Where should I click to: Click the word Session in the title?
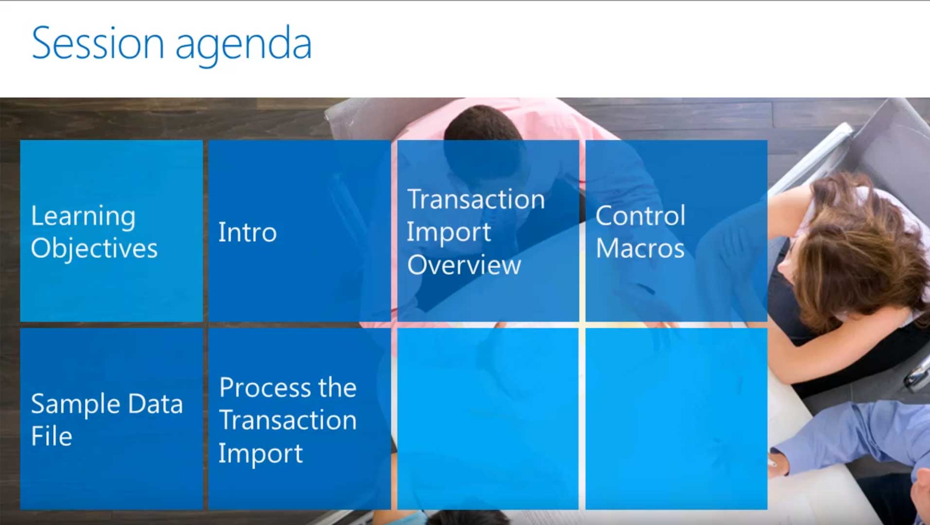[98, 43]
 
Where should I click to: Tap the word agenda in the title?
[243, 47]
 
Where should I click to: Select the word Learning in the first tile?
[83, 217]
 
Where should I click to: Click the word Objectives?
[94, 248]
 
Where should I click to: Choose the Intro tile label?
[248, 232]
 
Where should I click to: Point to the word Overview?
[464, 265]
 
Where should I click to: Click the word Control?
[641, 216]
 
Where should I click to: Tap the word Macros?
[640, 248]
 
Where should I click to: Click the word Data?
[156, 403]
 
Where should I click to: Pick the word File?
[52, 436]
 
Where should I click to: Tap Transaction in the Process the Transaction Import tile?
[287, 420]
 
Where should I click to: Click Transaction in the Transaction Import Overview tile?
[476, 199]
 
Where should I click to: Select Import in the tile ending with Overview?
[449, 233]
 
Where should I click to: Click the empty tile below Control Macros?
[677, 419]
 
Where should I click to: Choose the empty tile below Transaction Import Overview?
[488, 419]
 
